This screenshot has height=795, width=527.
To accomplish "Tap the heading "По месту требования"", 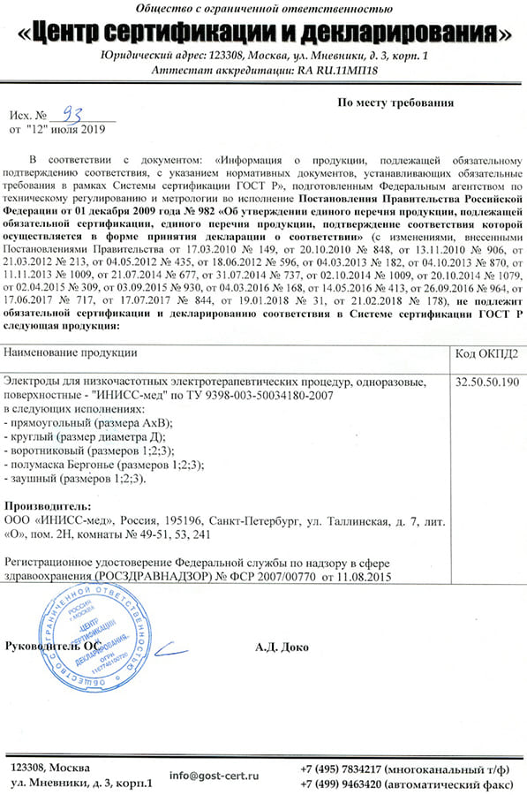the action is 396,102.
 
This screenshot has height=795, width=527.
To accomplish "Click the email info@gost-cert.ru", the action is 215,775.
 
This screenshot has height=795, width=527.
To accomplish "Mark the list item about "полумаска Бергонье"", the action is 106,464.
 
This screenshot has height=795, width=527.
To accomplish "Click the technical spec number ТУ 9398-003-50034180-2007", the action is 265,395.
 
